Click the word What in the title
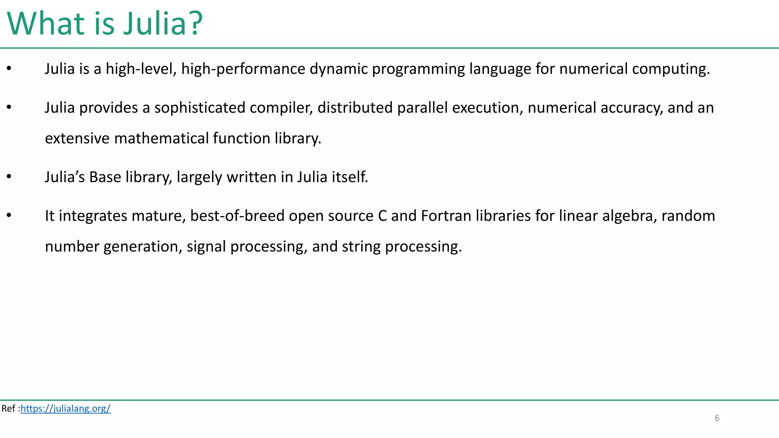click(x=45, y=24)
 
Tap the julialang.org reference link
click(x=65, y=408)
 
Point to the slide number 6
click(x=717, y=418)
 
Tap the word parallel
click(x=422, y=108)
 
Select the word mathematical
click(x=161, y=138)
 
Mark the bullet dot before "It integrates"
click(x=9, y=215)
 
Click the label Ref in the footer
click(x=8, y=408)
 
